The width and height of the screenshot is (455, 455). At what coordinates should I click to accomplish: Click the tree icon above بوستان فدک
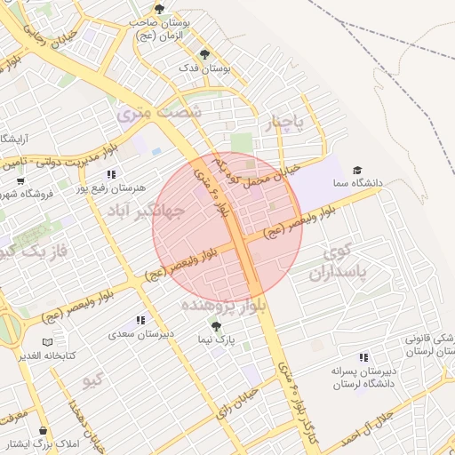click(x=205, y=54)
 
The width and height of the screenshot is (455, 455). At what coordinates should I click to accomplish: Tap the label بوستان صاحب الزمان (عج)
click(x=159, y=27)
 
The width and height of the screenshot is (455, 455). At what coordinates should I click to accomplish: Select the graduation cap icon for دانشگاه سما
click(x=357, y=170)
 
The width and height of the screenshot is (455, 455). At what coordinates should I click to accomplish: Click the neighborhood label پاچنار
click(x=288, y=122)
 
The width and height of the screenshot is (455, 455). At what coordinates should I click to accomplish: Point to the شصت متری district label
click(x=160, y=114)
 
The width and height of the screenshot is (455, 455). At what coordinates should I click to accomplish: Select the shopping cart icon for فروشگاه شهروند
click(x=20, y=180)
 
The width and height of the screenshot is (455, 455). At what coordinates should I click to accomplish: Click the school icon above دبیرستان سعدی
click(x=140, y=320)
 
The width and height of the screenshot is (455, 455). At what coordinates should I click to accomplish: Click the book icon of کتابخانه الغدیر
click(x=47, y=342)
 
